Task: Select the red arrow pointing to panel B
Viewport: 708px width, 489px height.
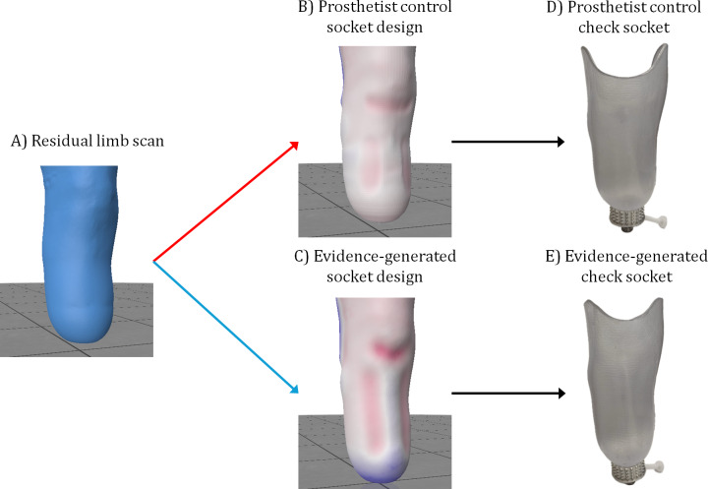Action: [x=226, y=202]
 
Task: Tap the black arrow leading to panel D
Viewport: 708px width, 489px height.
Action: [x=507, y=142]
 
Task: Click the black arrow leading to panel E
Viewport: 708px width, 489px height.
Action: [x=507, y=394]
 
